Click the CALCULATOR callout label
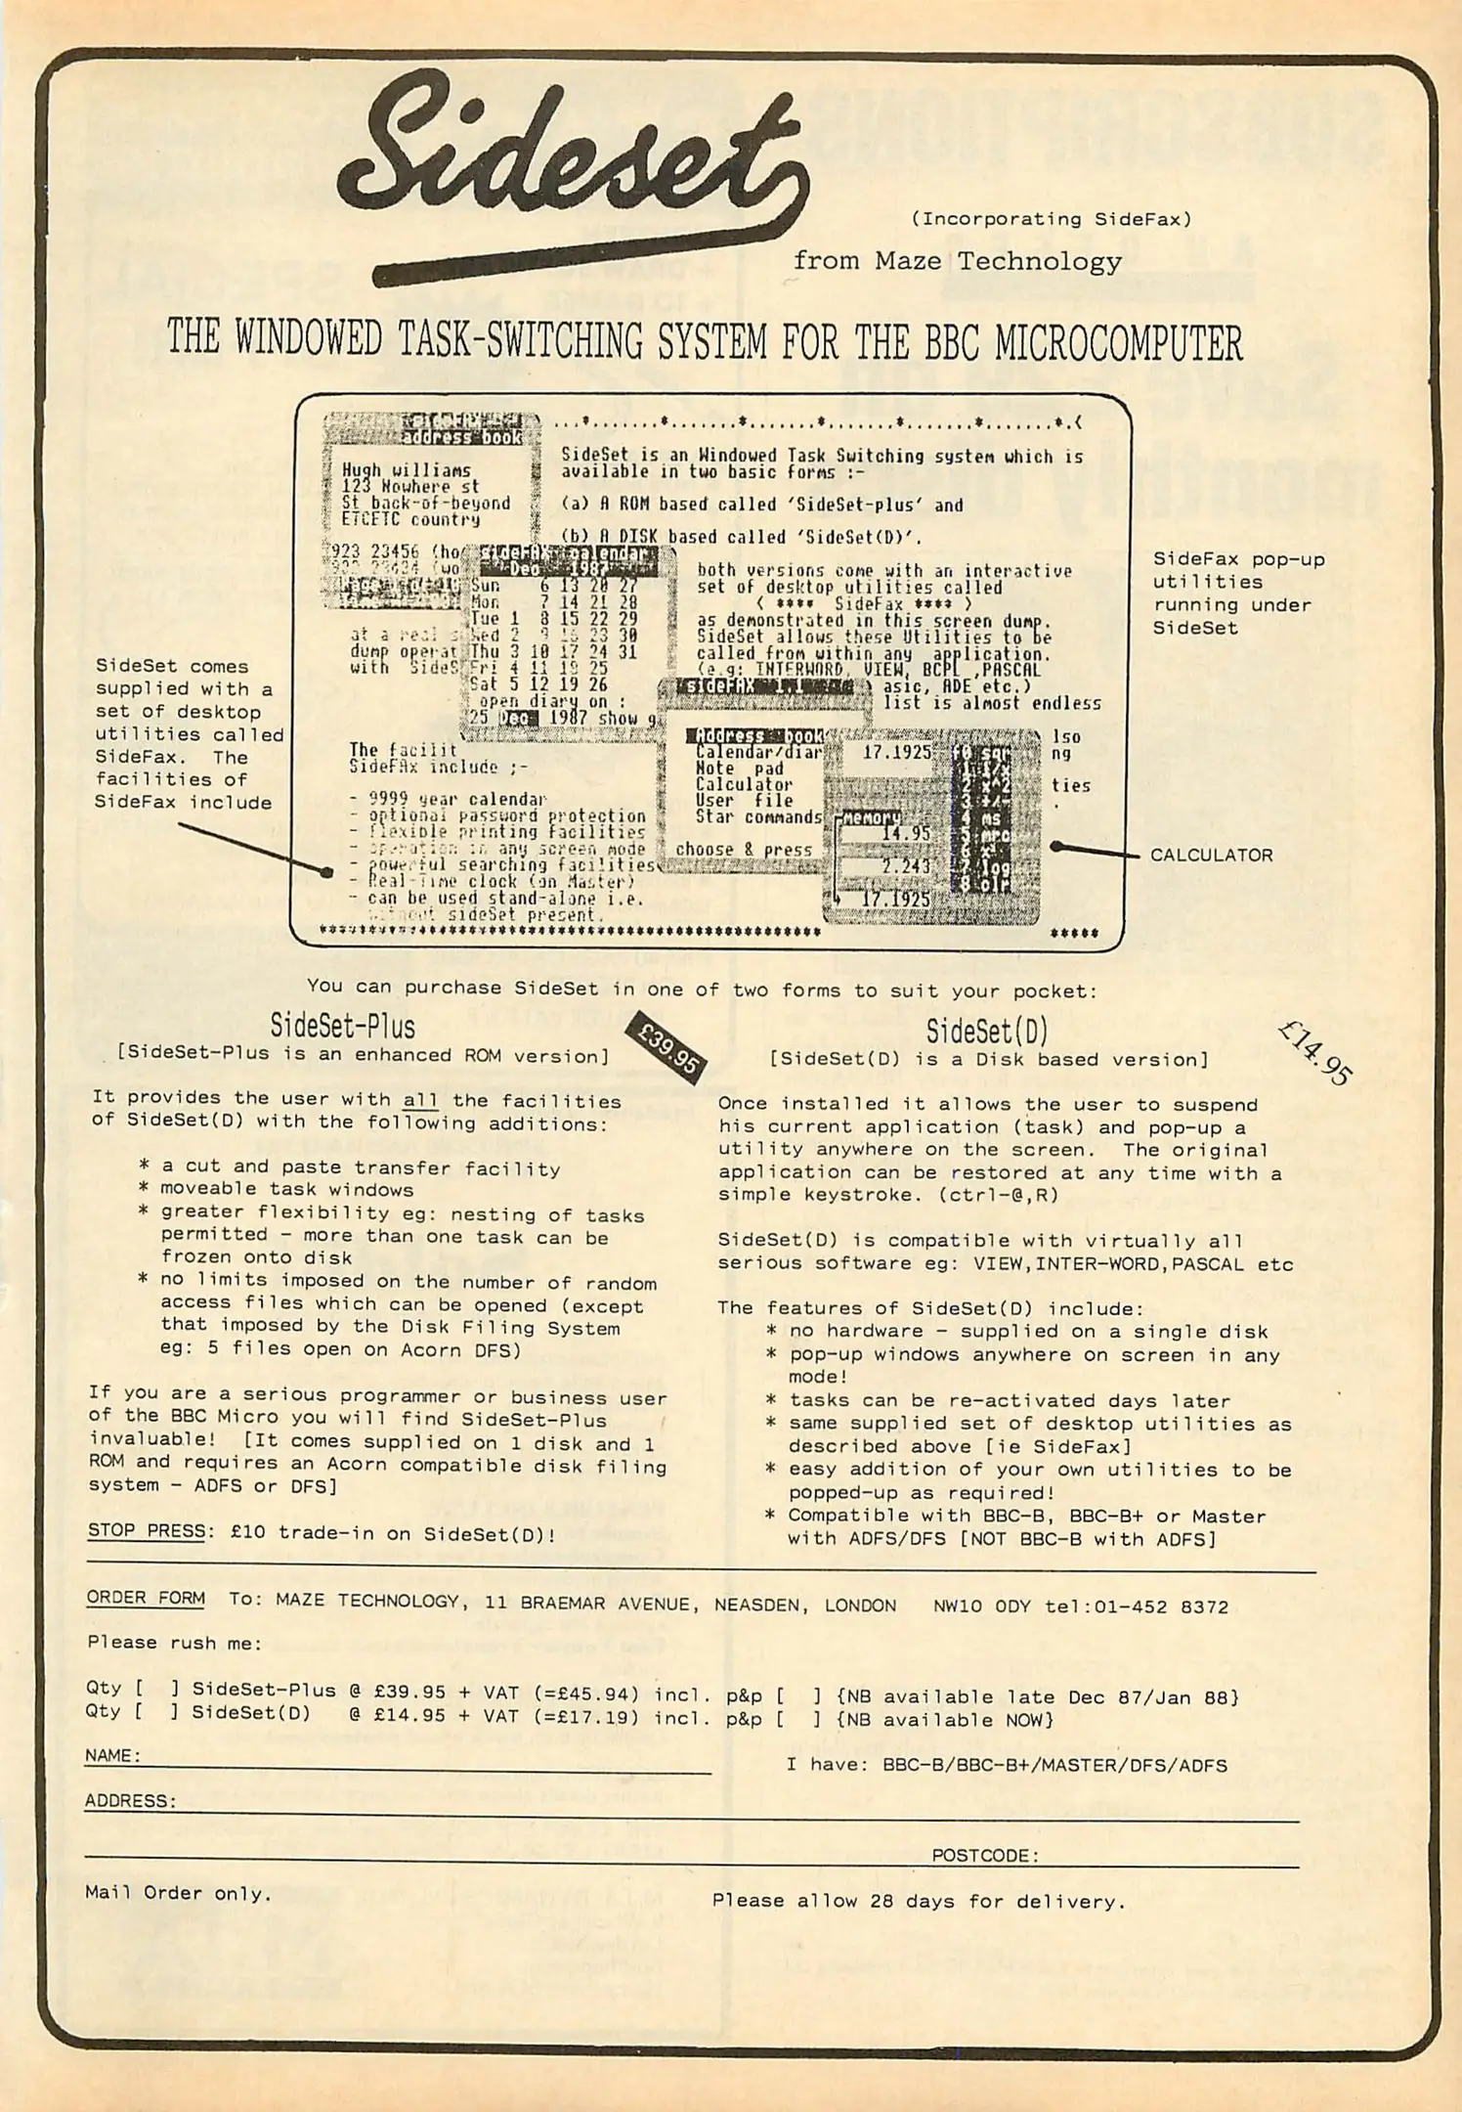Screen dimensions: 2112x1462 (1211, 856)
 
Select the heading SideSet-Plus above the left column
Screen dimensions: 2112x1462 (342, 1027)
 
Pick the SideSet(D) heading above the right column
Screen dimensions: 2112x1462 (987, 1031)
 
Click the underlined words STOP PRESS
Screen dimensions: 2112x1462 (147, 1531)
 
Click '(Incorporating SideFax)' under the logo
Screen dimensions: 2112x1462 (1051, 220)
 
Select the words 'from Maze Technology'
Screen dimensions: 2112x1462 (957, 261)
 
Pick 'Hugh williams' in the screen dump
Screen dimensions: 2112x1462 (406, 470)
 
